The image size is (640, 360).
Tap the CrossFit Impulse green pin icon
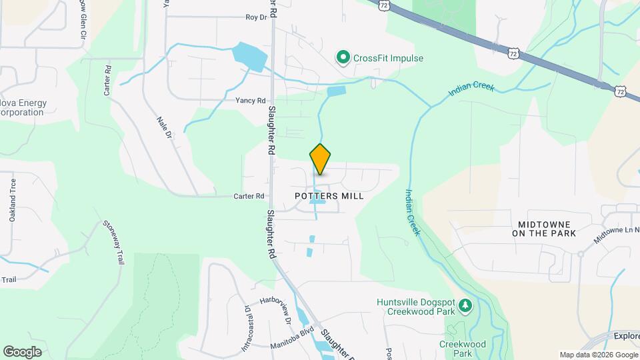[343, 58]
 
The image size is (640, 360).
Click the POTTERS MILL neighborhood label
[329, 196]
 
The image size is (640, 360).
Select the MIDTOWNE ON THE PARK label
[544, 227]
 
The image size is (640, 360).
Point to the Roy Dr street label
[256, 17]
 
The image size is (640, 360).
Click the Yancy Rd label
[251, 101]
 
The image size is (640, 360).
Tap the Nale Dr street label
[165, 127]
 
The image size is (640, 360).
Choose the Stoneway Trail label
[113, 243]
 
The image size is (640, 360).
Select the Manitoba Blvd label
[292, 345]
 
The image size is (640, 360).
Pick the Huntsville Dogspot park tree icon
[465, 307]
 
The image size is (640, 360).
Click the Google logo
[22, 351]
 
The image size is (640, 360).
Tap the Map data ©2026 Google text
[598, 355]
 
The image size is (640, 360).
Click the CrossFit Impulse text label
[388, 59]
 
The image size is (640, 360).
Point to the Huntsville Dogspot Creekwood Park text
[415, 306]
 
